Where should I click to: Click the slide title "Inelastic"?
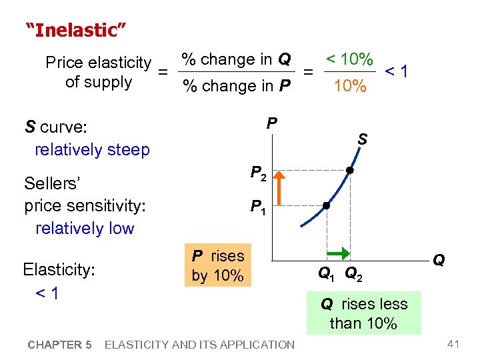click(75, 30)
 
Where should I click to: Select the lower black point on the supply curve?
click(327, 205)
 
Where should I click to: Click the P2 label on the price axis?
click(259, 173)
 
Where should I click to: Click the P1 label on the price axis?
click(258, 208)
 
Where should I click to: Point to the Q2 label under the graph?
click(353, 273)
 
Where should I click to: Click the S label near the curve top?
click(362, 139)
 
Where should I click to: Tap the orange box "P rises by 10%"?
click(218, 265)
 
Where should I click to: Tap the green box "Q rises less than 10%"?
click(364, 313)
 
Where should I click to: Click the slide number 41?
click(454, 344)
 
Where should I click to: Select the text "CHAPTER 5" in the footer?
click(59, 345)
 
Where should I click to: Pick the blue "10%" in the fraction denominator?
click(349, 86)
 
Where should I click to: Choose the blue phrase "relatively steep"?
click(92, 149)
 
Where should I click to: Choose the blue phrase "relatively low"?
click(85, 228)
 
